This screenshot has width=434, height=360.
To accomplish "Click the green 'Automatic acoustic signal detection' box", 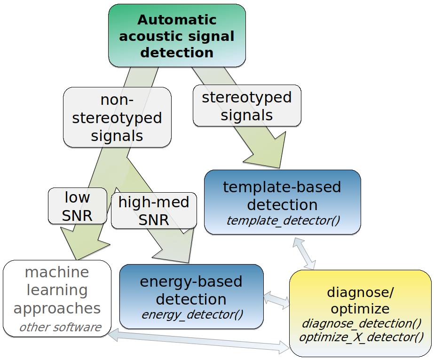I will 177,36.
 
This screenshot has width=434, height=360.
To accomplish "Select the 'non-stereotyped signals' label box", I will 117,117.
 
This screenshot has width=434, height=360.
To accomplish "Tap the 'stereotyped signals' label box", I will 246,106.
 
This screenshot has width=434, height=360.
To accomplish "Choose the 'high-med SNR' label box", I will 154,211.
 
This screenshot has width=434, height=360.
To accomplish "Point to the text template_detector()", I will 283,220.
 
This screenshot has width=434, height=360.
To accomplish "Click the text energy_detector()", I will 192,314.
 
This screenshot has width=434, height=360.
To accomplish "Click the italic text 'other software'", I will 60,327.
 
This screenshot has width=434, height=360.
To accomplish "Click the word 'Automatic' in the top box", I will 177,20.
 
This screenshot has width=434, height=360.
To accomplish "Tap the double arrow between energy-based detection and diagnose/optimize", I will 276,299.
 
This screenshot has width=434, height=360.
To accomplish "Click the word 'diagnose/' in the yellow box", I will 360,292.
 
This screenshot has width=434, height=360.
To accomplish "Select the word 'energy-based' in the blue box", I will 191,282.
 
